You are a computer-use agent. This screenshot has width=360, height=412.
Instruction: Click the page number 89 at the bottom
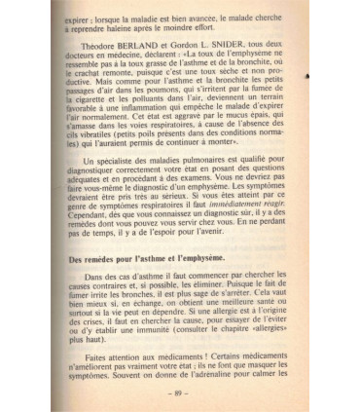point(180,394)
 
